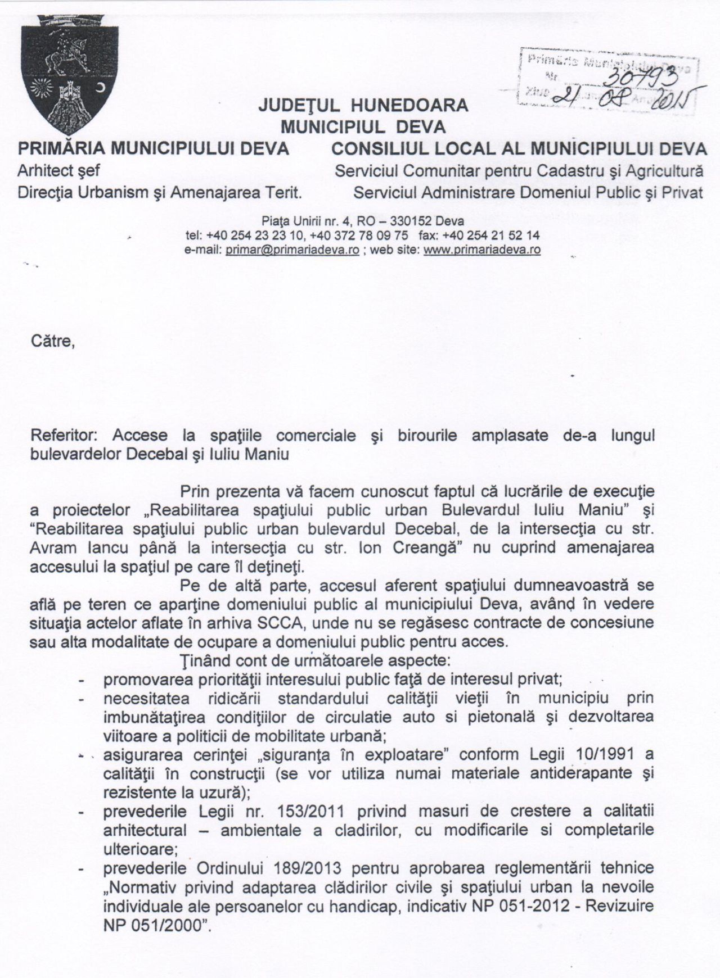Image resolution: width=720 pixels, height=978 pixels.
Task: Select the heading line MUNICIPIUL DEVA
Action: click(x=363, y=126)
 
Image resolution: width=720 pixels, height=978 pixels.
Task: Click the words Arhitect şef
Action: click(x=58, y=170)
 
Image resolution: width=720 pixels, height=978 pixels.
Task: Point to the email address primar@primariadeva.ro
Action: click(x=292, y=250)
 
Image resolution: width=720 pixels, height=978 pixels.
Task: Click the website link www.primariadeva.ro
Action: click(x=481, y=250)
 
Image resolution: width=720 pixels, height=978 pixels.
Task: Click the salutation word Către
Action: click(x=53, y=341)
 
